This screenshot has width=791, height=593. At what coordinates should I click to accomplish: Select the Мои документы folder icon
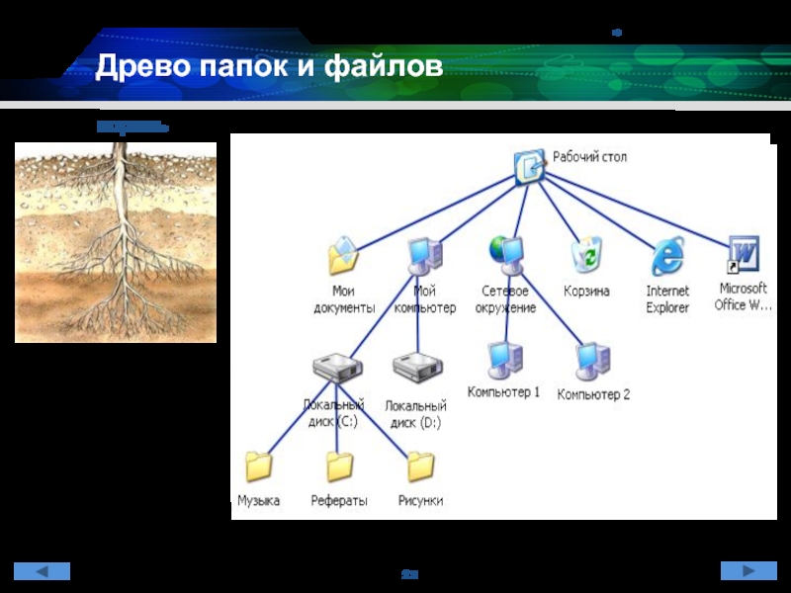(x=343, y=256)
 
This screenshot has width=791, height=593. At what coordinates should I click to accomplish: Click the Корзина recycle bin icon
(x=585, y=256)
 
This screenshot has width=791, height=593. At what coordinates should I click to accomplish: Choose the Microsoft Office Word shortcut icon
(x=743, y=255)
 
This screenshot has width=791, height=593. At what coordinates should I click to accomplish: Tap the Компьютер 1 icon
(x=503, y=359)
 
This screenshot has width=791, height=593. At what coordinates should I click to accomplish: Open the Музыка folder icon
(x=259, y=466)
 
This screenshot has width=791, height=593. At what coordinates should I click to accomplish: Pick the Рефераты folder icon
(x=339, y=466)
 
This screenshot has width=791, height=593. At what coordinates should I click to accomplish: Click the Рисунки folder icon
(x=420, y=466)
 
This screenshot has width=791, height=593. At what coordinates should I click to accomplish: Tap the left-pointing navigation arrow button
(x=43, y=570)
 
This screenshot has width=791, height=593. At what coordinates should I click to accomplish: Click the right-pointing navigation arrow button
(x=747, y=570)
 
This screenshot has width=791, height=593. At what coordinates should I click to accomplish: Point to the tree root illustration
(x=116, y=242)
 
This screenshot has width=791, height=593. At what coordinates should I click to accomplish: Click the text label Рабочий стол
(x=589, y=157)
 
